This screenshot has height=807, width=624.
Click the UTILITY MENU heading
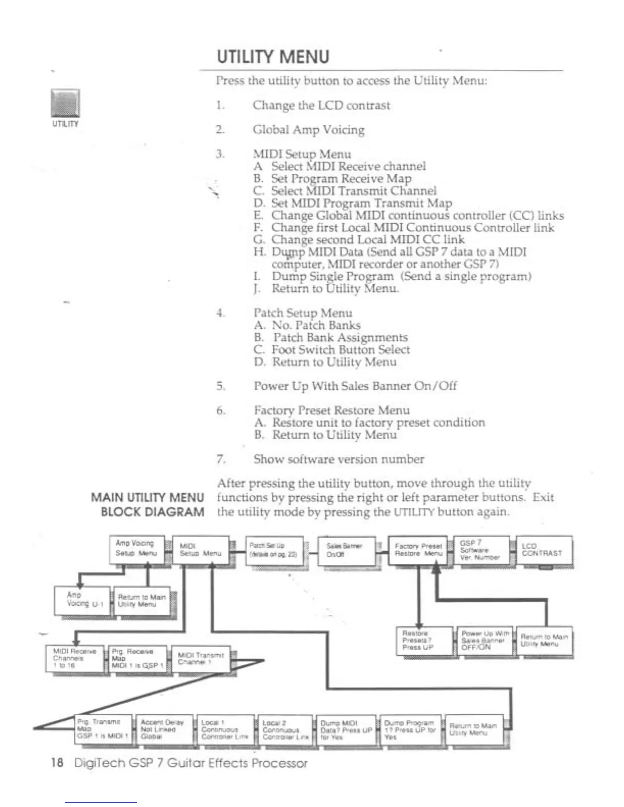pos(273,57)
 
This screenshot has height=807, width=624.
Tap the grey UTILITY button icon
pos(65,103)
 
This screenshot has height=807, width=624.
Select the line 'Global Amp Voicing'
pos(308,130)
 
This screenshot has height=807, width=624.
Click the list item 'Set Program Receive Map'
pos(341,178)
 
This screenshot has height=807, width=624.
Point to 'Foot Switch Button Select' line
pos(341,349)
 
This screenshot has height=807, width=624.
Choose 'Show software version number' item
pos(339,459)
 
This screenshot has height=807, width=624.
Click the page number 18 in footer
pos(57,763)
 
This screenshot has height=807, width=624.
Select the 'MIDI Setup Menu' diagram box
pos(200,550)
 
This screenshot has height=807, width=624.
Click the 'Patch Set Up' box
pos(274,550)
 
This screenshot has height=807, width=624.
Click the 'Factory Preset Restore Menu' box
pos(418,550)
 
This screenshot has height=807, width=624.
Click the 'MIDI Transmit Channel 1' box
pos(201,659)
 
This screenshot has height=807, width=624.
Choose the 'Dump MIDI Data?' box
pos(346,730)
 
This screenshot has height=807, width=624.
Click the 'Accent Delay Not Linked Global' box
pos(163,730)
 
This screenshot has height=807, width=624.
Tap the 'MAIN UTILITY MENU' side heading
pos(147,497)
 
